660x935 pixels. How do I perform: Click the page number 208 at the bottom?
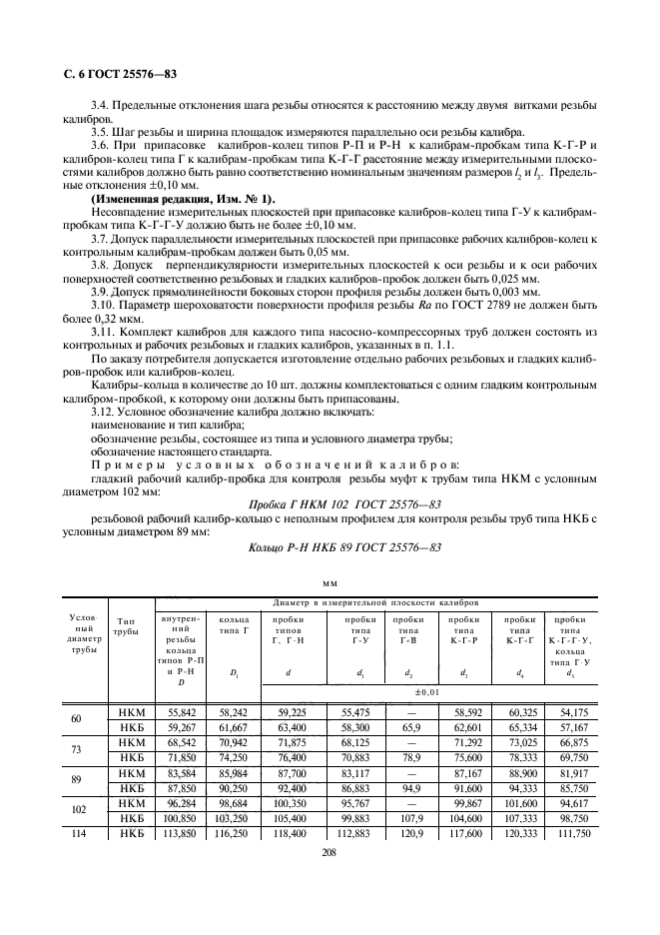pyautogui.click(x=329, y=855)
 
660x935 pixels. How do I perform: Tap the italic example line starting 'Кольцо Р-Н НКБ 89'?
pyautogui.click(x=343, y=546)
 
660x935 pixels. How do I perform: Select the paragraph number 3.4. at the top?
pyautogui.click(x=103, y=105)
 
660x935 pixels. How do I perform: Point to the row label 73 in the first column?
pyautogui.click(x=77, y=750)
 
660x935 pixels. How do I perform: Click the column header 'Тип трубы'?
pyautogui.click(x=126, y=627)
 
